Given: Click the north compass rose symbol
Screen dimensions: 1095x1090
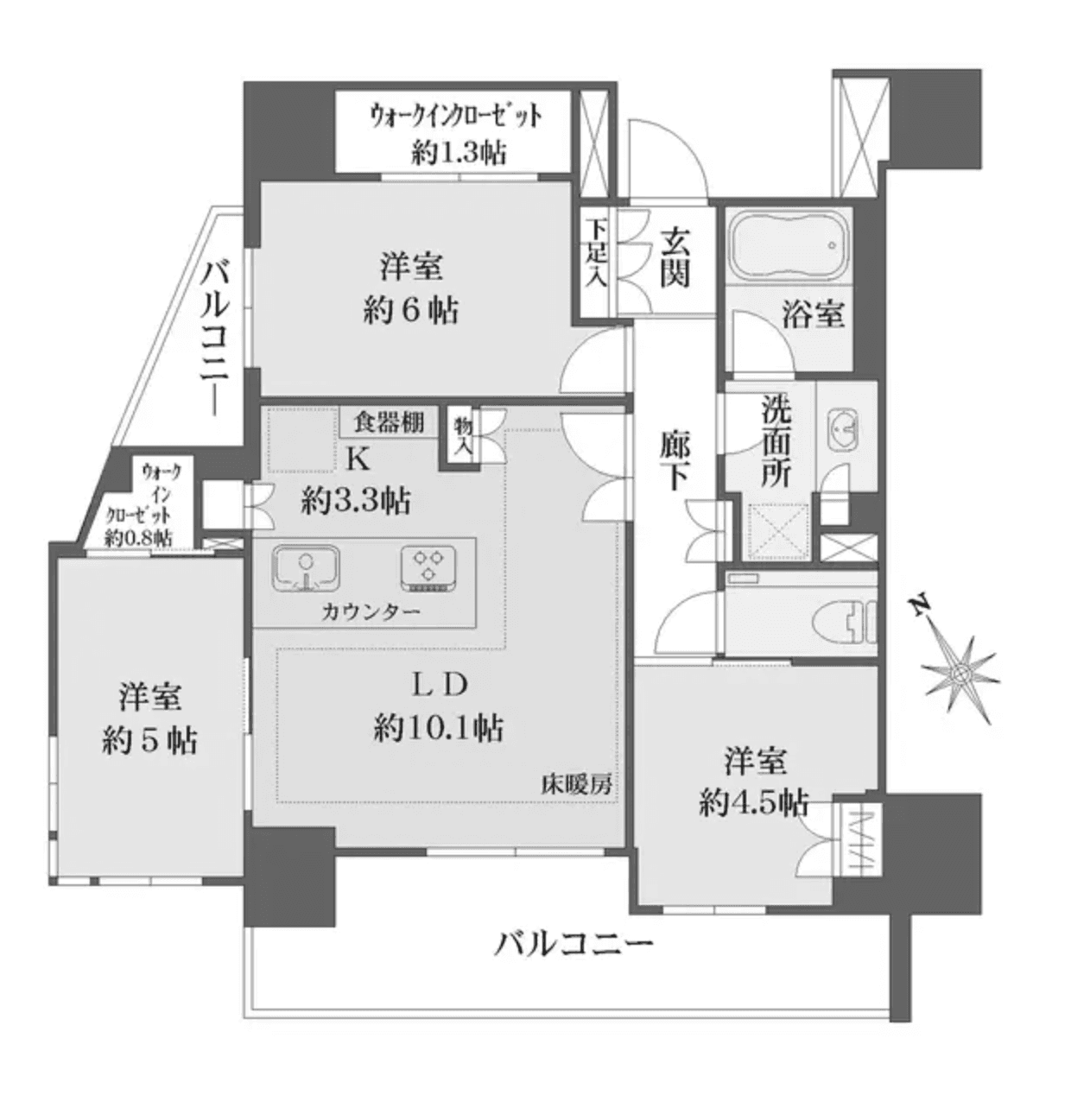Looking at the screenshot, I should click(x=960, y=672).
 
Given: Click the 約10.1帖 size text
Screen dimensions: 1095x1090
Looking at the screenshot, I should click(x=439, y=729).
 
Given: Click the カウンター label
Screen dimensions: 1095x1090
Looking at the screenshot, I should click(x=371, y=612).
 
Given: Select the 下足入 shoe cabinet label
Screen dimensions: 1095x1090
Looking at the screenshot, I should click(x=596, y=252).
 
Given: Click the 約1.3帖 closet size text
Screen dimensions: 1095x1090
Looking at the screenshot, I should click(x=458, y=153).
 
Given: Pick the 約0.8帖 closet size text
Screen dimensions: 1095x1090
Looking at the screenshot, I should click(x=138, y=538).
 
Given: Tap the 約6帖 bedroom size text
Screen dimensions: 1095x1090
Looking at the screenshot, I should click(x=410, y=309).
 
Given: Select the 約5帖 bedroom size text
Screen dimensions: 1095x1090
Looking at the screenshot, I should click(x=149, y=739).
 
